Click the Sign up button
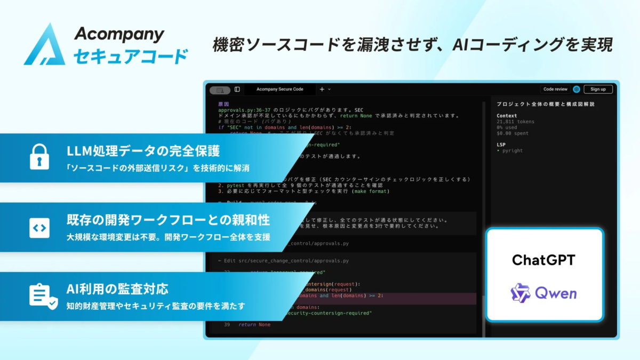click(x=598, y=89)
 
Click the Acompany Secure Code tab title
click(x=279, y=89)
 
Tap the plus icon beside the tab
click(x=322, y=89)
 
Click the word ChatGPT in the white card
click(x=544, y=260)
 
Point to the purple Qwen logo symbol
click(x=521, y=293)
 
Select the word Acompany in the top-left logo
click(x=119, y=34)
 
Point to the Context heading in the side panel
click(x=507, y=116)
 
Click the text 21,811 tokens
click(x=515, y=122)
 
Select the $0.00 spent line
click(x=513, y=133)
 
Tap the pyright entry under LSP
click(x=511, y=150)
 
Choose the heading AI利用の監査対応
click(x=117, y=289)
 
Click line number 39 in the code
click(x=227, y=324)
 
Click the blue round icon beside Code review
click(x=576, y=89)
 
